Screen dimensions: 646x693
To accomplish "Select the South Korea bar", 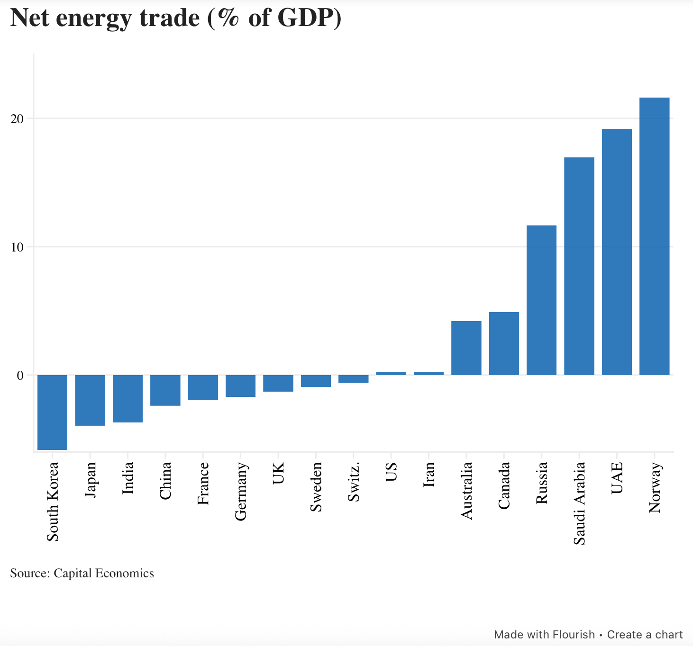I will (52, 412).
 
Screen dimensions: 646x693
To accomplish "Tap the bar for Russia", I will (541, 300).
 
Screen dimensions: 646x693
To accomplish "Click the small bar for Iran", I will (429, 373).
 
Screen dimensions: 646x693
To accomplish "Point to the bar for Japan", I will (90, 400).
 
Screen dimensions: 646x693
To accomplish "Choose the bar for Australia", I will (466, 348).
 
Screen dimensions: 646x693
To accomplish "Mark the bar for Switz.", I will (353, 379).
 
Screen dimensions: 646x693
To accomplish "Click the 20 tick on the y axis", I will (17, 119).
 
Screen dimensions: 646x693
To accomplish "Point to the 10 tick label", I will (17, 247).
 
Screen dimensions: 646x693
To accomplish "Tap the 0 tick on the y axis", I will (20, 376).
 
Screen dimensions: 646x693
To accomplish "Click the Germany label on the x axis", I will (241, 492).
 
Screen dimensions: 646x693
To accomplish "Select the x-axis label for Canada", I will (504, 485).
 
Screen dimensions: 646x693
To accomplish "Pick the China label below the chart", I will (165, 481).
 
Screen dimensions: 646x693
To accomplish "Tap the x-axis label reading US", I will (391, 473).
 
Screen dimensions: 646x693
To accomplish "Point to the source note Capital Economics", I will (104, 574).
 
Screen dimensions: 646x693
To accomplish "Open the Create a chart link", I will (645, 635).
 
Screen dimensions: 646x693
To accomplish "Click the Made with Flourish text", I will (544, 635).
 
